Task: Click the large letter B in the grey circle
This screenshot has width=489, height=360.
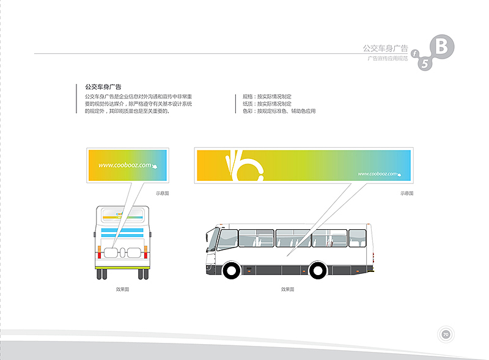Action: click(x=444, y=46)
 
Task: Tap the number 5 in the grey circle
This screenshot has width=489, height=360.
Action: click(x=425, y=63)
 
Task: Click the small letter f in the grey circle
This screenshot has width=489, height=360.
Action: click(x=414, y=54)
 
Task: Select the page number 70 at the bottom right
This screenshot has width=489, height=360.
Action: click(x=446, y=334)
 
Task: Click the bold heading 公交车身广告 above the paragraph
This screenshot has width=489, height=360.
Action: click(x=103, y=87)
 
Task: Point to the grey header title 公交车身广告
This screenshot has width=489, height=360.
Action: click(x=385, y=48)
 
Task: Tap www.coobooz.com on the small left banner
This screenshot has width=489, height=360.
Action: click(x=125, y=165)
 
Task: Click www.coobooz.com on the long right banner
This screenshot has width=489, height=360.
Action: click(x=377, y=174)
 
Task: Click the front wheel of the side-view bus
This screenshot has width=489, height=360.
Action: click(x=232, y=270)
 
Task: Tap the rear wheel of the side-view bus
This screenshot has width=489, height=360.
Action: click(x=318, y=270)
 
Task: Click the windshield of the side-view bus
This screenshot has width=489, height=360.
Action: click(x=213, y=240)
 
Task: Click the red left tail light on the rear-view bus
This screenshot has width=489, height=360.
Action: click(x=99, y=249)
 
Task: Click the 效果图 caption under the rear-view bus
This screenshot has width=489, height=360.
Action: click(x=122, y=289)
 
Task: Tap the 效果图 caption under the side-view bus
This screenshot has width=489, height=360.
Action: click(x=287, y=289)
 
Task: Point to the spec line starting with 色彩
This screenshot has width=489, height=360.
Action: click(x=279, y=111)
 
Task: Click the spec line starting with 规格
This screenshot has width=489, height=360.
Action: click(x=267, y=97)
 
